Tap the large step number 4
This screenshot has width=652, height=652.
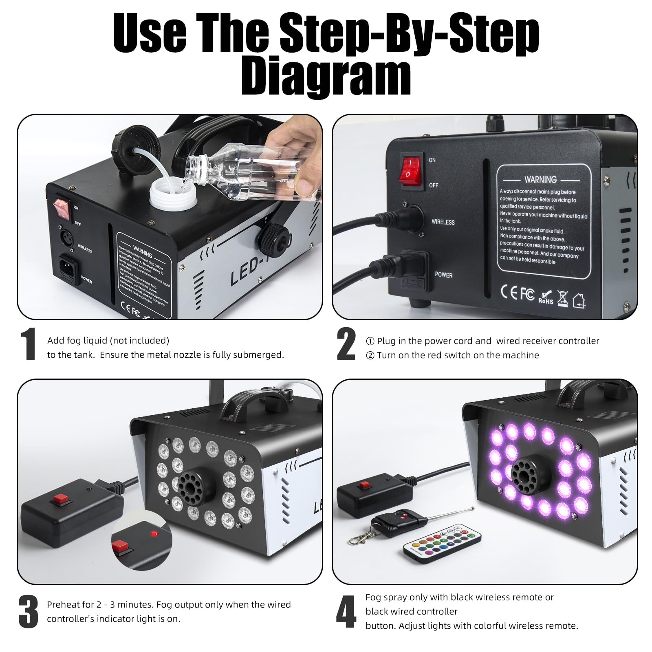click(x=346, y=612)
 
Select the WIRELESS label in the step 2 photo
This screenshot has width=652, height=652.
click(x=443, y=222)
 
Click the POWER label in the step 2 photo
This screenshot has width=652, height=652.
click(x=443, y=275)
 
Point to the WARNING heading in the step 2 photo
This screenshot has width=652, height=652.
click(x=540, y=180)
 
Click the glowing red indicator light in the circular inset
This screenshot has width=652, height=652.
click(x=154, y=533)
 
